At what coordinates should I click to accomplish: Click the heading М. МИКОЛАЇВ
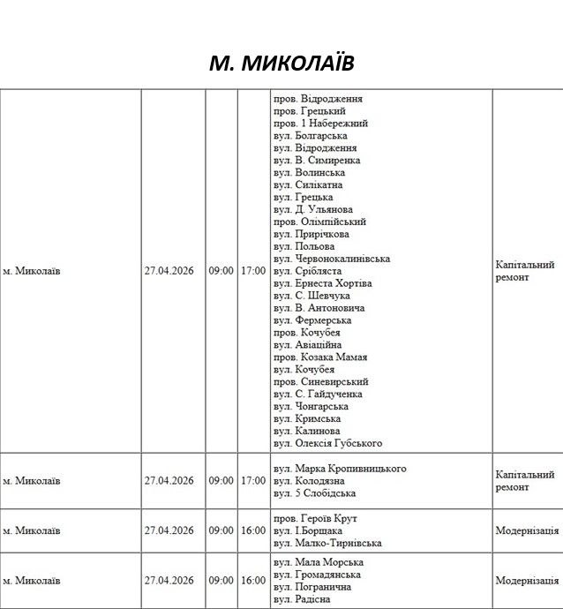tap(281, 64)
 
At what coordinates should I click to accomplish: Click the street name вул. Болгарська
tap(310, 136)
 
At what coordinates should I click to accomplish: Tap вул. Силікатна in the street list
tap(308, 185)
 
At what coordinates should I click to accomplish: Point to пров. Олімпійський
tap(319, 222)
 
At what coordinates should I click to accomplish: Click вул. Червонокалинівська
tap(332, 259)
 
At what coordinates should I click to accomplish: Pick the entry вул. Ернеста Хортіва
tap(323, 283)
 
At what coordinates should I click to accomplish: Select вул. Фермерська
tap(312, 320)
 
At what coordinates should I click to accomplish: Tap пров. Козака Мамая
tap(320, 357)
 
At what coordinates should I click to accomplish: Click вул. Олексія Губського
tap(327, 443)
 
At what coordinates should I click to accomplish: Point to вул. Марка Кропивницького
tap(340, 469)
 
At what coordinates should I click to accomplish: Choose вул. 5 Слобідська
tap(315, 493)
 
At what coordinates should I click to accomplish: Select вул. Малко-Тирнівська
tap(327, 543)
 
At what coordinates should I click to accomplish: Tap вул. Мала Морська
tap(319, 562)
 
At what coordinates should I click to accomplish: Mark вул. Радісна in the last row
tap(302, 599)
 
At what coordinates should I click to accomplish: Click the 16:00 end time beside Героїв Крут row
tap(252, 530)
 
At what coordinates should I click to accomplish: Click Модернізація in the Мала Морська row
tap(527, 581)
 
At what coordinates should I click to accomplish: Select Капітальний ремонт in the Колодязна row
tap(525, 480)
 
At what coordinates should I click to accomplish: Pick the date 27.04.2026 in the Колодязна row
tap(169, 481)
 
